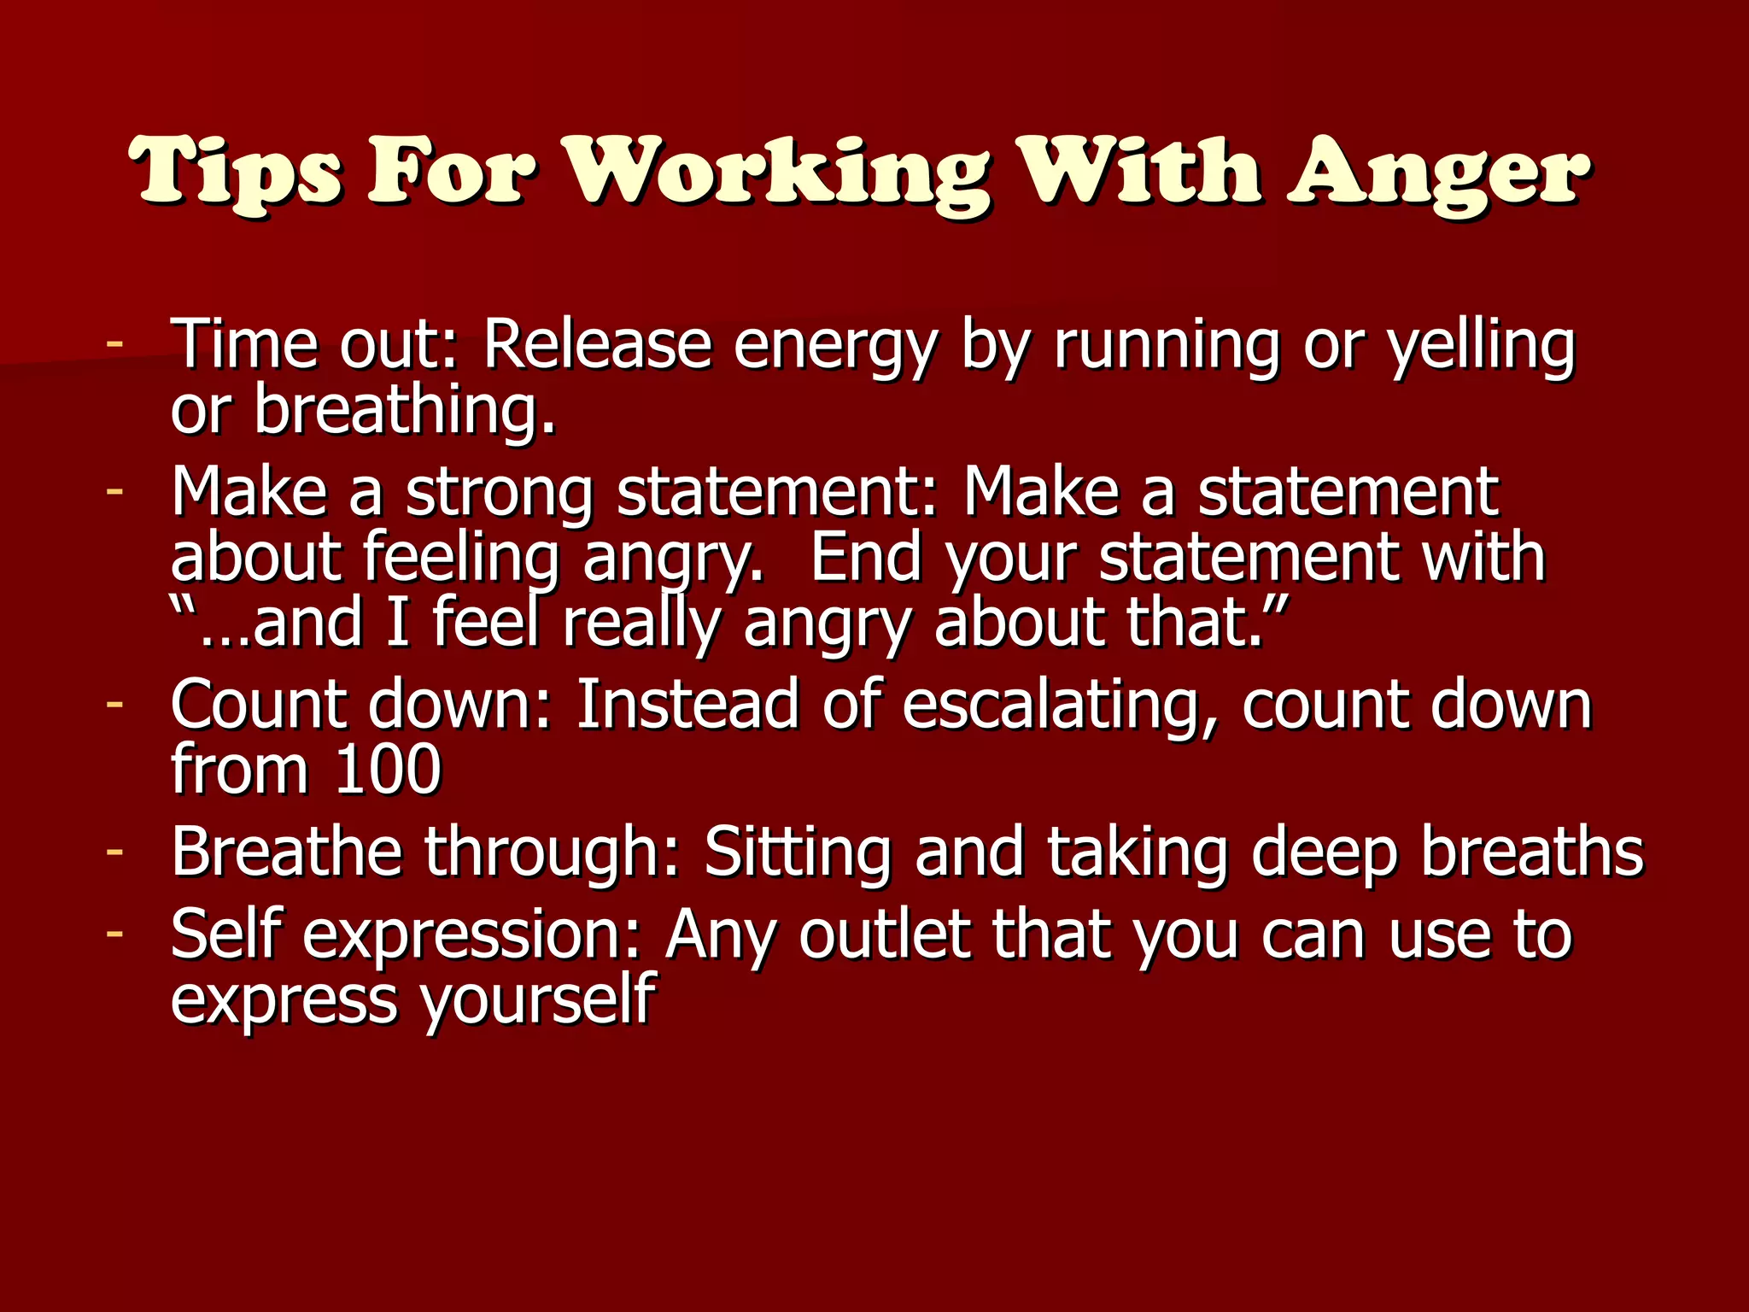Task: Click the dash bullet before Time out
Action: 114,344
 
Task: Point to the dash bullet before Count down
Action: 114,705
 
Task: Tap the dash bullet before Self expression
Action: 114,934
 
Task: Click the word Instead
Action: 688,705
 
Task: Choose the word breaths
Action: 1532,852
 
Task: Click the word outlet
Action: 885,934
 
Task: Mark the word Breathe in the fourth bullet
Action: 286,852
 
